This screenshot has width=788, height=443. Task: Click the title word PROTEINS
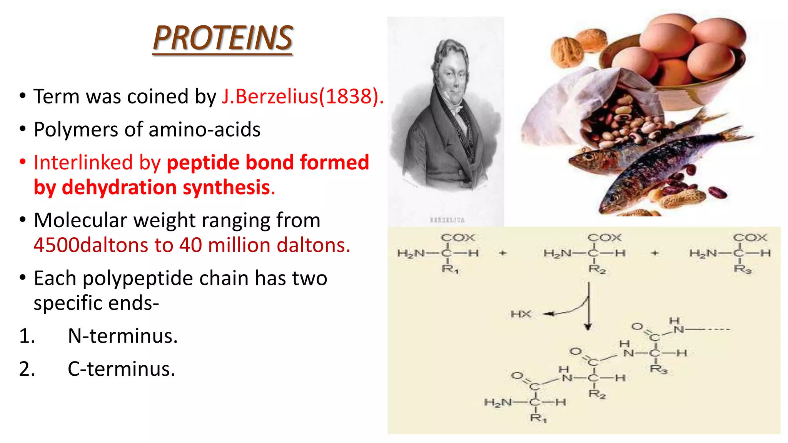(x=223, y=38)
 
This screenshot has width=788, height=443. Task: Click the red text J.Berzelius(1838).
(x=302, y=96)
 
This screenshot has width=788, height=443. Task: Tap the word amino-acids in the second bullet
(x=204, y=130)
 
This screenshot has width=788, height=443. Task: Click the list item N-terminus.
(x=123, y=336)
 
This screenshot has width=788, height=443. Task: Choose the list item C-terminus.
(x=122, y=369)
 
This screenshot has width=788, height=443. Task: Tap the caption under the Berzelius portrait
(x=447, y=220)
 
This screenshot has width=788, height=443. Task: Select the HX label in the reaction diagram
(x=521, y=314)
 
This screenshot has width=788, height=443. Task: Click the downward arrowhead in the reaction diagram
(x=588, y=327)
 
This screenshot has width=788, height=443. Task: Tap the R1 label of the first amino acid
(x=450, y=269)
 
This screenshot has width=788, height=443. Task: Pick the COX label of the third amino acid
(x=750, y=238)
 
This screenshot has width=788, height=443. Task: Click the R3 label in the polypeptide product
(x=658, y=370)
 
